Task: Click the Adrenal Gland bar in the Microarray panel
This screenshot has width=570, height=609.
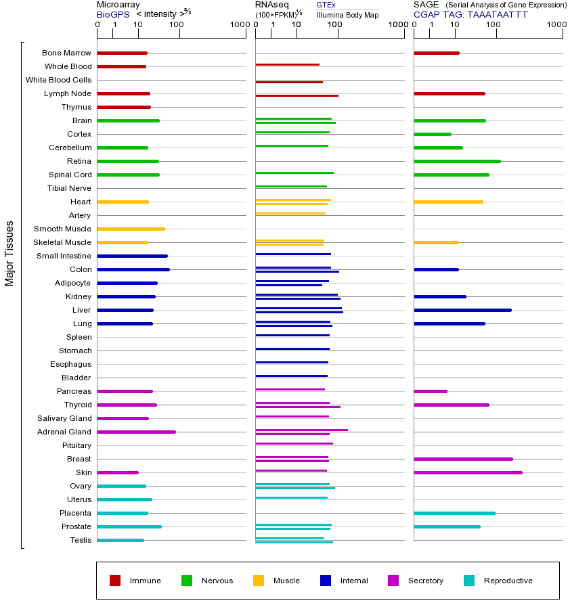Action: click(x=136, y=432)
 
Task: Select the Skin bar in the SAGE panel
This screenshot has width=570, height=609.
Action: click(x=468, y=472)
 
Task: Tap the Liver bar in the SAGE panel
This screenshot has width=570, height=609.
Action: click(x=462, y=310)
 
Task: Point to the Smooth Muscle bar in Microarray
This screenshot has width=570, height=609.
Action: click(x=131, y=229)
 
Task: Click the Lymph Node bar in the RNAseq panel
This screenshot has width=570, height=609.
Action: click(x=297, y=95)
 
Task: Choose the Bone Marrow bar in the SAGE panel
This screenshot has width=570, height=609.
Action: click(x=437, y=53)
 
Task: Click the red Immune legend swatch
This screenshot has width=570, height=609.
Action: click(x=115, y=581)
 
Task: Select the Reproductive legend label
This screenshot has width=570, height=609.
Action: click(x=508, y=581)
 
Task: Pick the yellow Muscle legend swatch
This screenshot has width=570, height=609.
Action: click(x=259, y=581)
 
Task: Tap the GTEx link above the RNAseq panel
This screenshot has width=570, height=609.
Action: click(x=326, y=5)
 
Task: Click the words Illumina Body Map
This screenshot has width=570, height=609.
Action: click(x=347, y=14)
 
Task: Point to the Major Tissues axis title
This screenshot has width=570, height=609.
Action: click(x=9, y=253)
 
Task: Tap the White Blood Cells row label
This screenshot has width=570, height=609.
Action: click(x=58, y=80)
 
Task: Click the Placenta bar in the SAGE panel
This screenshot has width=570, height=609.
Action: click(x=454, y=513)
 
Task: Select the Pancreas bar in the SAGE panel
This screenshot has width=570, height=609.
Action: click(x=431, y=391)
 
